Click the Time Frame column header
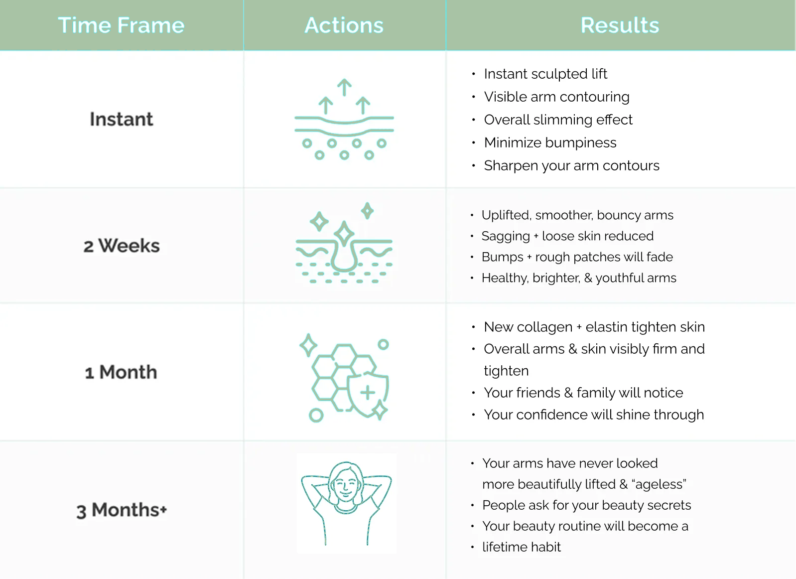pos(121,25)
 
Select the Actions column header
pos(344,25)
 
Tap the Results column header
pos(620,25)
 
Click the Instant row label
pos(121,119)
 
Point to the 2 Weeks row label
pos(122,246)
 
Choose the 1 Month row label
pos(121,372)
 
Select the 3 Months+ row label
pos(122,510)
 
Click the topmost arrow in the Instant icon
pos(344,87)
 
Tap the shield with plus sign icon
pos(368,393)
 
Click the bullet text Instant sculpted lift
pos(545,74)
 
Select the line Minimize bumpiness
pos(550,143)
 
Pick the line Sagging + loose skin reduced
pos(567,236)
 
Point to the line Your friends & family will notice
pos(583,393)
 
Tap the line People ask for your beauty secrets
pos(587,505)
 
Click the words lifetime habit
pos(522,547)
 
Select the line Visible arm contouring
pos(557,97)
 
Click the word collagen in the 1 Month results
pos(544,327)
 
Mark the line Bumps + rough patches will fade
pos(577,257)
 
